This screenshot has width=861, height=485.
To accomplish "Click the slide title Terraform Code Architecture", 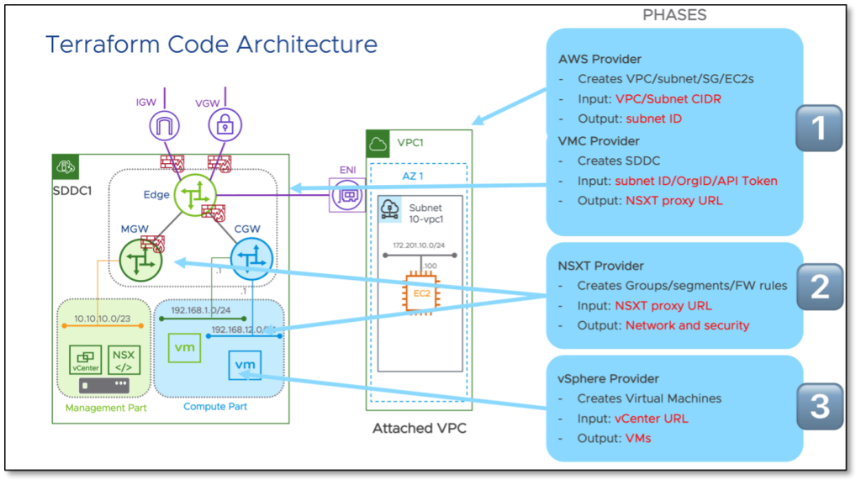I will pyautogui.click(x=211, y=44).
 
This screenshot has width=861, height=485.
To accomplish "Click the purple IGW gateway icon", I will pyautogui.click(x=164, y=128).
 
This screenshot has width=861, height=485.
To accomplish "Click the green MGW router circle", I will pyautogui.click(x=140, y=259).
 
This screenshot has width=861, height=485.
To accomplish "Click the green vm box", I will pyautogui.click(x=184, y=346).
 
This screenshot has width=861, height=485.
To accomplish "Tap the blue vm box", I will pyautogui.click(x=245, y=365).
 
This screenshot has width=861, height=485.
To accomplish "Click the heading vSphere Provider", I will pyautogui.click(x=609, y=378).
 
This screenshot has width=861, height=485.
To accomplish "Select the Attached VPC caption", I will pyautogui.click(x=420, y=428).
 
